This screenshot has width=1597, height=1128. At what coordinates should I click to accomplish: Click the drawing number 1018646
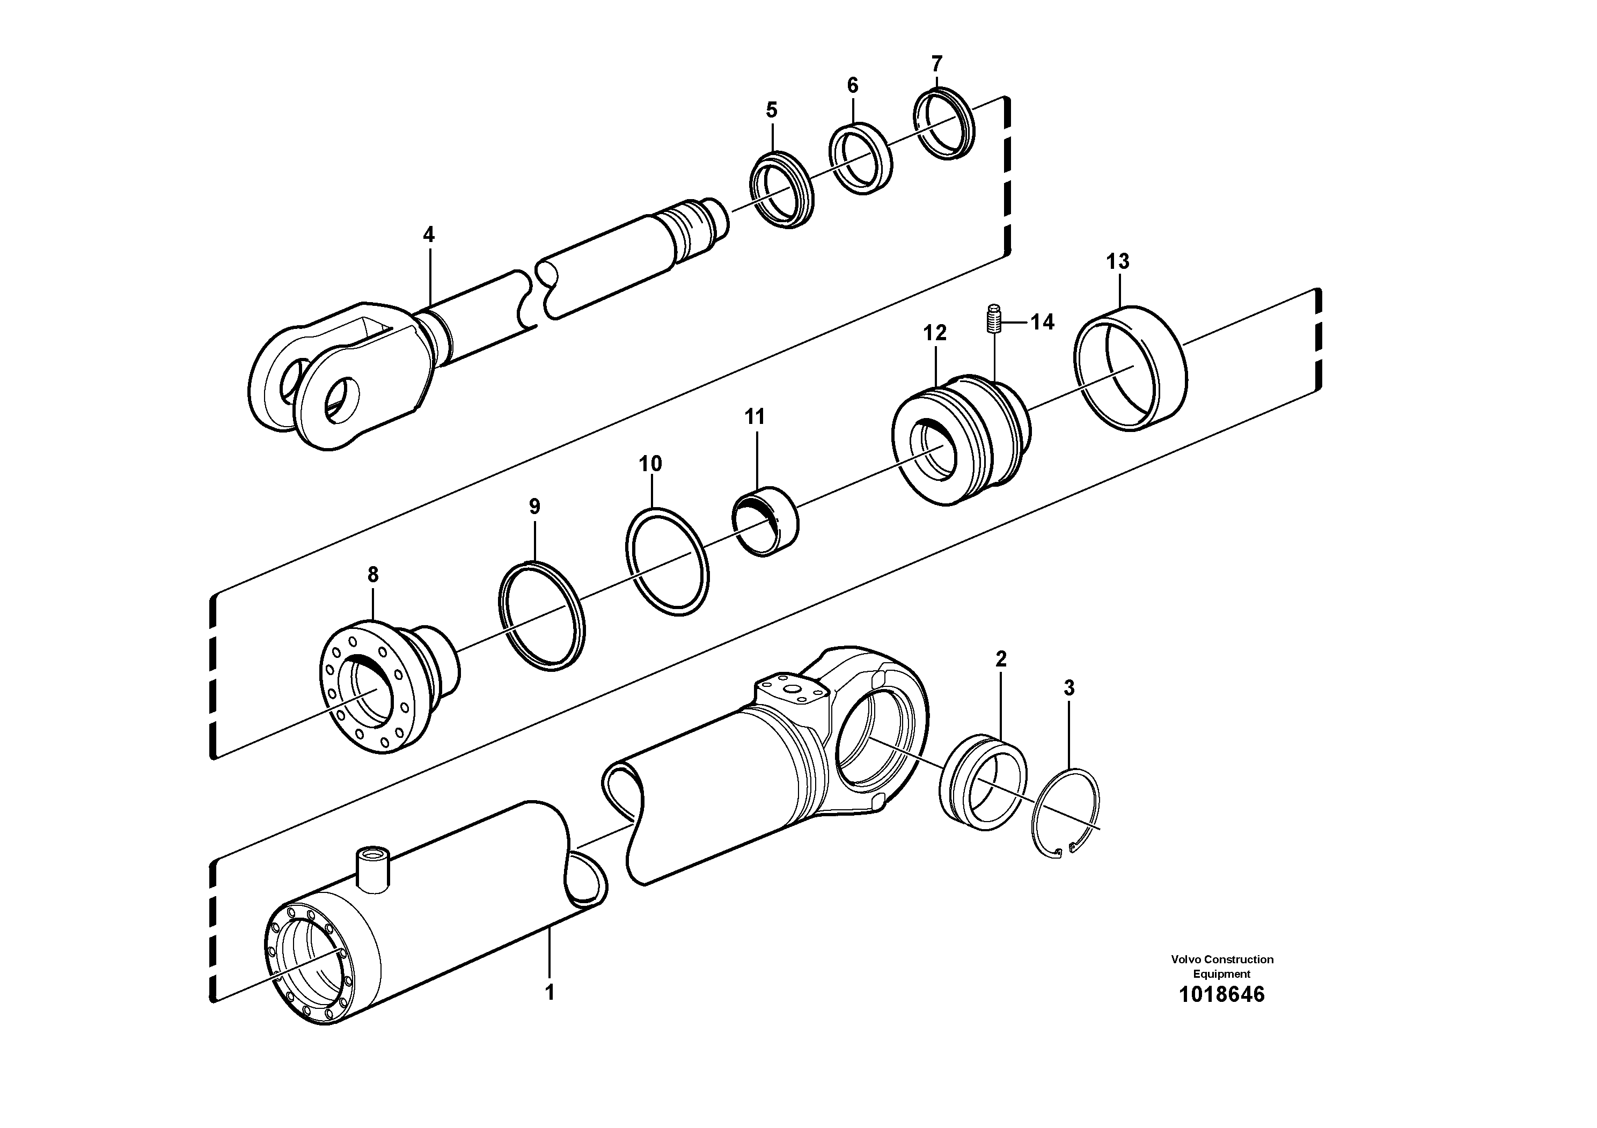coord(1221,994)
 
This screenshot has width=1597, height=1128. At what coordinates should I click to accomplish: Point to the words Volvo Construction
coord(1222,959)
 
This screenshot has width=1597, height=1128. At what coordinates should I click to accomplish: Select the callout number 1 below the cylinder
coord(550,992)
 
